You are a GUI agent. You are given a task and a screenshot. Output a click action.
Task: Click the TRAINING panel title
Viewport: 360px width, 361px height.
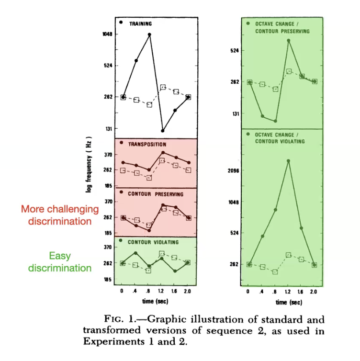140,23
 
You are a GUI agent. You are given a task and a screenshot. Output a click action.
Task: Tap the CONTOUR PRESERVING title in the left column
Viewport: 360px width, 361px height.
153,193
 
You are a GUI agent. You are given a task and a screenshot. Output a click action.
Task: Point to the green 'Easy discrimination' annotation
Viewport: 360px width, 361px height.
60,262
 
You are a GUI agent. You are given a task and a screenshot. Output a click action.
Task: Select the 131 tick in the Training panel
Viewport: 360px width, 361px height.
108,129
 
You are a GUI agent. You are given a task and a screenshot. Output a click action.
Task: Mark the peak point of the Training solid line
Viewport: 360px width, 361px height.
150,34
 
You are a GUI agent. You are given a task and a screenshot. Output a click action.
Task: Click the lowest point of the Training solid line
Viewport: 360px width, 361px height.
163,131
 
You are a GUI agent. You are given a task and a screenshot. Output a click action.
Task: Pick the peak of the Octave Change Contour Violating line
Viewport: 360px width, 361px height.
288,161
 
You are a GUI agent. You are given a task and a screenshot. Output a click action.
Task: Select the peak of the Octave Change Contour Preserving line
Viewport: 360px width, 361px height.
289,40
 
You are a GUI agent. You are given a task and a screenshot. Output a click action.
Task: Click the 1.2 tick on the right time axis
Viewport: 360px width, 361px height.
288,292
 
